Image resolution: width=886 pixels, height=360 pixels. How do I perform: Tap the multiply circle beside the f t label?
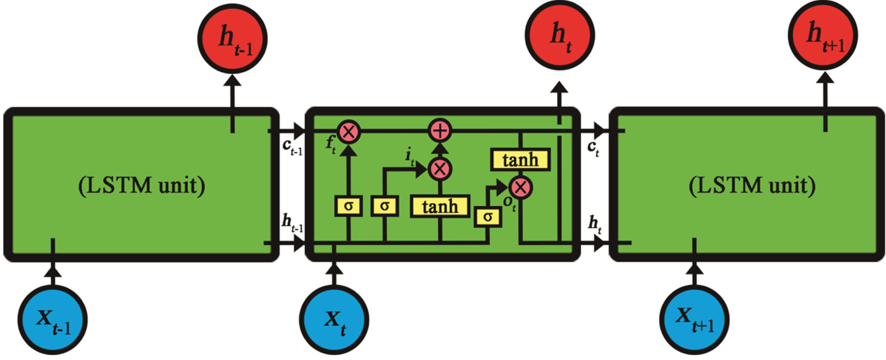[348, 132]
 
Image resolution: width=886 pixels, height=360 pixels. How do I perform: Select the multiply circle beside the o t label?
[520, 186]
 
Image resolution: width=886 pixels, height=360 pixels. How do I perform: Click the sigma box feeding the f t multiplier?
[347, 206]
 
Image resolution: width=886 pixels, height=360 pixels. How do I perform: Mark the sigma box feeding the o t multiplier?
[487, 216]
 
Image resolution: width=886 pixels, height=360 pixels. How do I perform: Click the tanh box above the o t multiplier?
[520, 160]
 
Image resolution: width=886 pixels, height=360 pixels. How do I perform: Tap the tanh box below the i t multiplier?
[440, 206]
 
